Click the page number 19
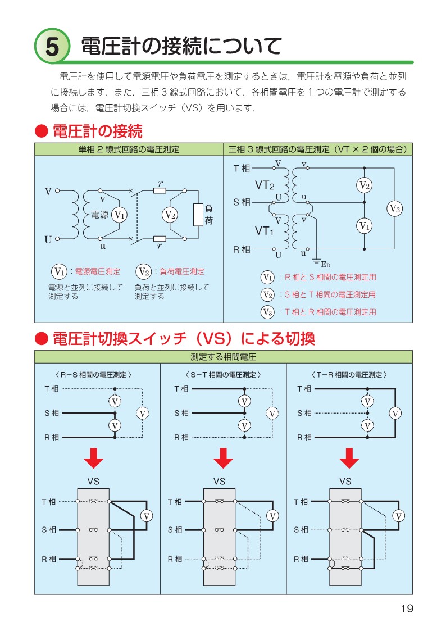pos(407,609)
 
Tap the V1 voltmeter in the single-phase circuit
pos(119,214)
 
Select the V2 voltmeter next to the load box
pos(170,214)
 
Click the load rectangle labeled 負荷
pos(198,214)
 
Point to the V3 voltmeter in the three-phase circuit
pos(394,208)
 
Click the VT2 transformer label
pos(265,185)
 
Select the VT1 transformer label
pos(265,230)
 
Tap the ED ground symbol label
pos(325,264)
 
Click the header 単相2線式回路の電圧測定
pos(129,149)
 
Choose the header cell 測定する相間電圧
pos(223,357)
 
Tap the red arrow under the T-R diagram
pos(349,460)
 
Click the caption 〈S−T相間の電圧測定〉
pos(223,374)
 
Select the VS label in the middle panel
pos(219,482)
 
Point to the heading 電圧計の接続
pos(97,132)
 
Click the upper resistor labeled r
pos(160,190)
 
